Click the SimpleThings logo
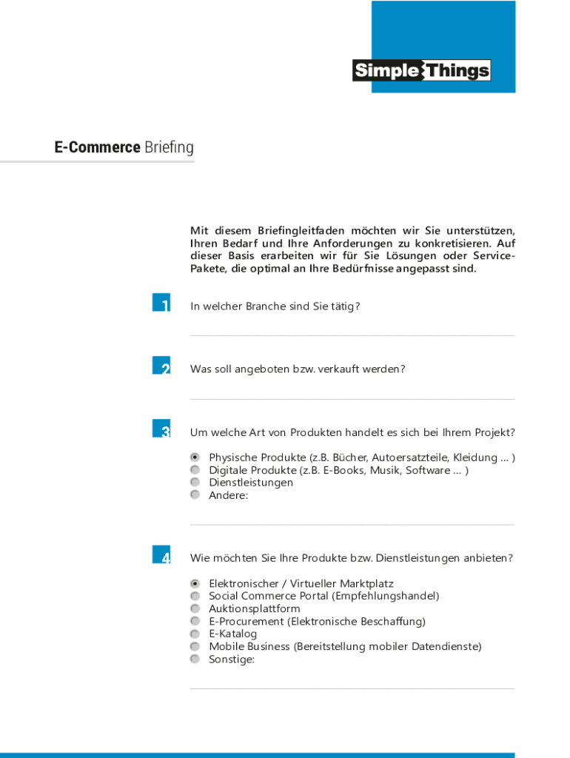point(421,70)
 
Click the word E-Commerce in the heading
point(97,147)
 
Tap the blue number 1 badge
point(161,303)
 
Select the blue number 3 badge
point(161,429)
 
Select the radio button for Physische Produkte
point(195,457)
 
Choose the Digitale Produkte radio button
point(195,470)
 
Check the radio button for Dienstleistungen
point(195,482)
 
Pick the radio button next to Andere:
point(195,494)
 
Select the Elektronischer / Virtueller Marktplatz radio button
point(195,583)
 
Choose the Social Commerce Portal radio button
point(195,596)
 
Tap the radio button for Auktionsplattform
point(195,608)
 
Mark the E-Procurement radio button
point(195,621)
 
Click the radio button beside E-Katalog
point(195,634)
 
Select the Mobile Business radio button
point(195,646)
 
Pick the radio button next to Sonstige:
point(195,659)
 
